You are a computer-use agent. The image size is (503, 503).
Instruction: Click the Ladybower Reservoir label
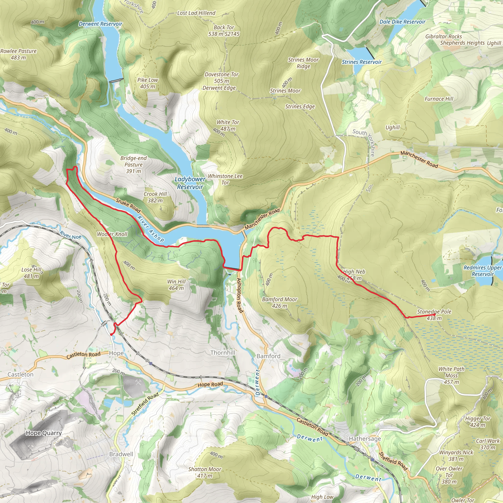(x=190, y=183)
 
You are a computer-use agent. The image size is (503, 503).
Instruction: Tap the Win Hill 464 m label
(x=176, y=285)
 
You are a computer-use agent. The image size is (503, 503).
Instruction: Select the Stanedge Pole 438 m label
(x=434, y=315)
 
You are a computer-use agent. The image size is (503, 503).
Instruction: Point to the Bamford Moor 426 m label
(x=279, y=303)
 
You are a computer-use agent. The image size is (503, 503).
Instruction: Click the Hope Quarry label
(x=44, y=433)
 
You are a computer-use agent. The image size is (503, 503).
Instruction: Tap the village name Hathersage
(x=365, y=439)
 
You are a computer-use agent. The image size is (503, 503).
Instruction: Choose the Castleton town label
(x=20, y=374)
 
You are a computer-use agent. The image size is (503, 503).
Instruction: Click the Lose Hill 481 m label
(x=31, y=273)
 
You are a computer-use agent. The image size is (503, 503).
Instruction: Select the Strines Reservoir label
(x=362, y=62)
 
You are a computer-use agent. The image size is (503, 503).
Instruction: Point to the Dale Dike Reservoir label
(x=402, y=22)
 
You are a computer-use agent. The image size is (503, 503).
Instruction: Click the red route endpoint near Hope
(x=111, y=335)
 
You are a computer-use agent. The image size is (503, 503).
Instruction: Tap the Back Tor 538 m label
(x=224, y=30)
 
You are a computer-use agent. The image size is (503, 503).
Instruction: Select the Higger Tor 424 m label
(x=477, y=422)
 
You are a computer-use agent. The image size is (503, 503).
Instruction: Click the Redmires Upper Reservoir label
(x=482, y=271)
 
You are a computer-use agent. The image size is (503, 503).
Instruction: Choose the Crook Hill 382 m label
(x=155, y=197)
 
